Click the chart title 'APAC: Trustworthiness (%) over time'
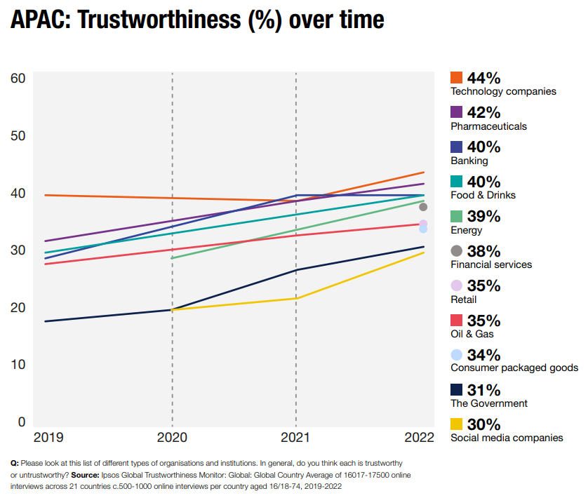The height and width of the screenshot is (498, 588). point(197,20)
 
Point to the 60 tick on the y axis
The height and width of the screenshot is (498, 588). point(18,78)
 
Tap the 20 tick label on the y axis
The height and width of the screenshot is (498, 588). point(18,307)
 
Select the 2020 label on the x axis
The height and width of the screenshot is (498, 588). point(172,438)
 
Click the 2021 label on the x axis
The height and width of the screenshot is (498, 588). point(295,438)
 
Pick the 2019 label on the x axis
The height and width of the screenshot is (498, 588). point(48,438)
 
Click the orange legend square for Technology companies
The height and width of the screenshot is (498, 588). point(457,78)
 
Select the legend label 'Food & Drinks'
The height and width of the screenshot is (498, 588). point(483,195)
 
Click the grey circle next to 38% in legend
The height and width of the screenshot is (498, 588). point(457,251)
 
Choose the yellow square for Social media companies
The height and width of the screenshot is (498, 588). point(457,424)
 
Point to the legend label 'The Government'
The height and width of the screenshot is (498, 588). point(489,403)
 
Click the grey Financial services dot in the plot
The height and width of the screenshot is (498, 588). point(423,207)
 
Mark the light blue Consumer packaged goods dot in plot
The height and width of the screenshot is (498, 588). point(423,229)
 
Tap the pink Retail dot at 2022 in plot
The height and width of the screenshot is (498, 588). point(423,224)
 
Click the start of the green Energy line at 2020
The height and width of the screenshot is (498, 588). point(173,258)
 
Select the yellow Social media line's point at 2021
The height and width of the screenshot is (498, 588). point(295,299)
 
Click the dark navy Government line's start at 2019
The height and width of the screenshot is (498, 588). point(45,321)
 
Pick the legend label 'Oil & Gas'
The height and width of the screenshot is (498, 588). point(472,334)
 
